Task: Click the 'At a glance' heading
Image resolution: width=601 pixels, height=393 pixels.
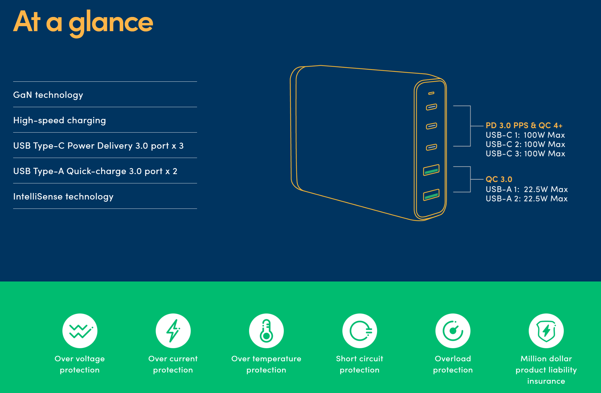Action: [x=83, y=23]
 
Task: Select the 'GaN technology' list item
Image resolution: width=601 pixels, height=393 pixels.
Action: [x=48, y=95]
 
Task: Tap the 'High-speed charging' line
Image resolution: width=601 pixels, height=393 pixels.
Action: [x=60, y=120]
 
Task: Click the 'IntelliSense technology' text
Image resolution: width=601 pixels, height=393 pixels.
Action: [x=63, y=196]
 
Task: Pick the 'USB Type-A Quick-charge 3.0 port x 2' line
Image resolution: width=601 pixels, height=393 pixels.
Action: [x=95, y=171]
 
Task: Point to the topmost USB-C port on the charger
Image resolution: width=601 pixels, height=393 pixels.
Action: [x=431, y=107]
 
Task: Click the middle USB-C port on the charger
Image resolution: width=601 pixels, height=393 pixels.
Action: [x=431, y=126]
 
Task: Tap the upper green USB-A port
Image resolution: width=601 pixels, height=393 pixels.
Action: [x=431, y=170]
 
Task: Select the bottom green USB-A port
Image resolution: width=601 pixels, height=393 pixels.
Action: [x=431, y=195]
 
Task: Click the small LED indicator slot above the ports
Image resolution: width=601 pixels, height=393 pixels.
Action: [x=431, y=93]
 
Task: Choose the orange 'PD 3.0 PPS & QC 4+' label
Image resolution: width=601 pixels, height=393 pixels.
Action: [x=524, y=125]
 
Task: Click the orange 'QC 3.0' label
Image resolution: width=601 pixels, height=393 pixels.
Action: [x=499, y=179]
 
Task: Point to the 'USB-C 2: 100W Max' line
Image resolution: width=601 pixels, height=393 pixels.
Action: [x=525, y=144]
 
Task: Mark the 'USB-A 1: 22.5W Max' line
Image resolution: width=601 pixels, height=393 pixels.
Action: [x=527, y=189]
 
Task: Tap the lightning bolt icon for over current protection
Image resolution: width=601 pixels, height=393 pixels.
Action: [x=173, y=331]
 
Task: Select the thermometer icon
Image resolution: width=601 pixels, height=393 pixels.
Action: [x=266, y=331]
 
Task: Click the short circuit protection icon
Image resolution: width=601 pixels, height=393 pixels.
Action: [x=360, y=331]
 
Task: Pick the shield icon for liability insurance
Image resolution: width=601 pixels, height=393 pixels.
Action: [x=546, y=331]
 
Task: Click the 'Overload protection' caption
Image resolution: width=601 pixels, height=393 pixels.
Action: [x=453, y=364]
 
